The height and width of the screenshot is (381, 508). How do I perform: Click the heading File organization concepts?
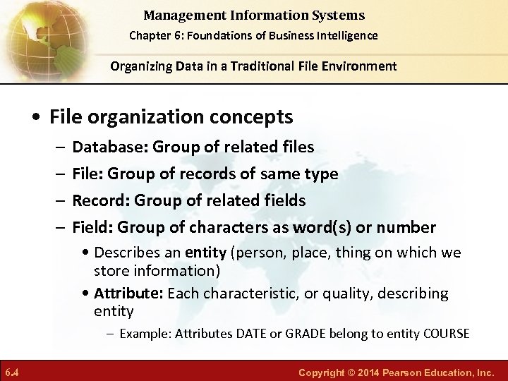pyautogui.click(x=171, y=116)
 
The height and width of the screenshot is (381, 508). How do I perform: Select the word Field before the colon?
pyautogui.click(x=90, y=228)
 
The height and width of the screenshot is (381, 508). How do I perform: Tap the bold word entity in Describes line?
pyautogui.click(x=205, y=253)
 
